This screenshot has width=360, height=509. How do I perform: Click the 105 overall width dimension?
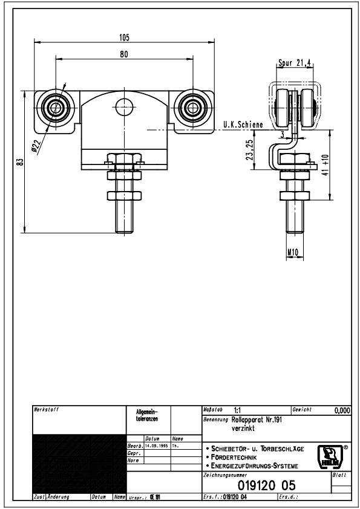124,37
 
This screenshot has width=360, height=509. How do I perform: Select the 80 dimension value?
124,54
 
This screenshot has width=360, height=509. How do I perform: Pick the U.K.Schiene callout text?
243,125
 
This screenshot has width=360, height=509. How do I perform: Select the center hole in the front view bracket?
124,103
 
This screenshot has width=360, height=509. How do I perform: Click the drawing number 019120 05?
267,485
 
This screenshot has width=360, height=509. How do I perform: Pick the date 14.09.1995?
155,446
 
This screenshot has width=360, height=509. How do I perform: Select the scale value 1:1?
231,410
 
